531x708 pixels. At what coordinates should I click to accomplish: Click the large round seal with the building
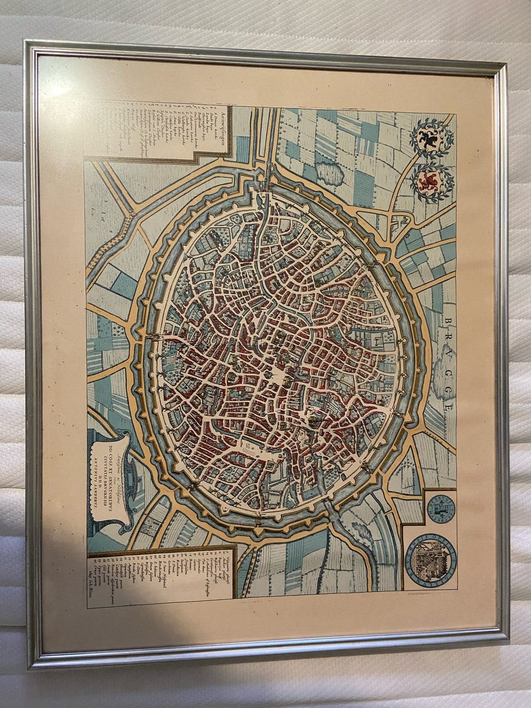(434, 564)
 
